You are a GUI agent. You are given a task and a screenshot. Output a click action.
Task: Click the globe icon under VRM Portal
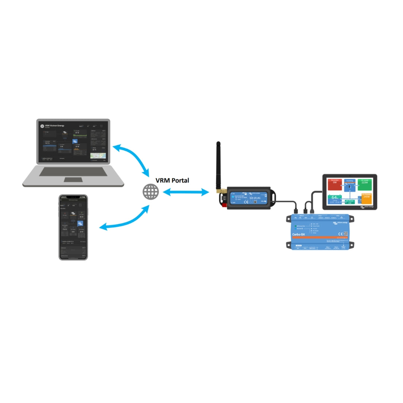(151, 192)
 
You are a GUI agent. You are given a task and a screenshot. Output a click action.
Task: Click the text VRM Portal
(172, 180)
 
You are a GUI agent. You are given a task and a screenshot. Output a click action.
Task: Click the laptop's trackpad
(73, 179)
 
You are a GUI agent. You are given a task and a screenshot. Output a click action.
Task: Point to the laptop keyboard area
(73, 172)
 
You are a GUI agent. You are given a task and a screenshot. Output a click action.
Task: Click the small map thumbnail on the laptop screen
(98, 156)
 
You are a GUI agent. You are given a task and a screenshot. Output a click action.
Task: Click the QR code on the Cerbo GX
(346, 235)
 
